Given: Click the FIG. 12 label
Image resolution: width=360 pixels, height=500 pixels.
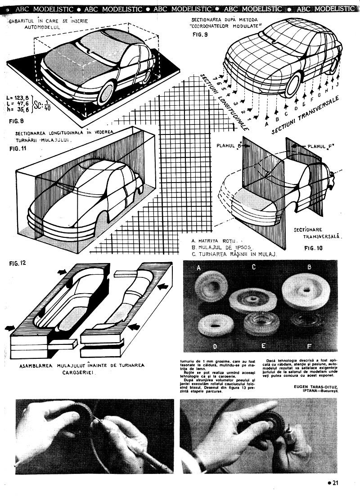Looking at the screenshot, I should pos(18,263).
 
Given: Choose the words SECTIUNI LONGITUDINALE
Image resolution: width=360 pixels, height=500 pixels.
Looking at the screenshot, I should pos(225,102).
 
